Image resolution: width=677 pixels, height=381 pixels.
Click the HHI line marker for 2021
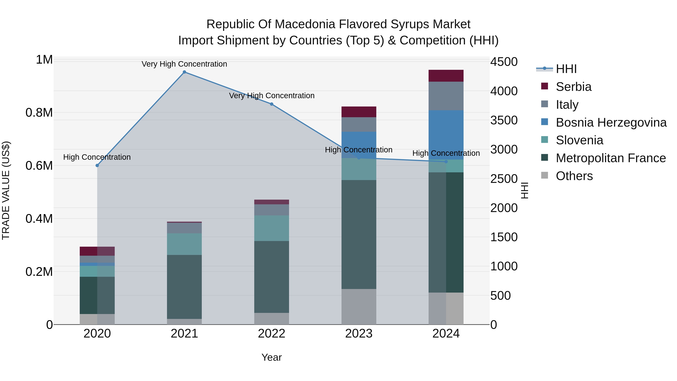coord(184,72)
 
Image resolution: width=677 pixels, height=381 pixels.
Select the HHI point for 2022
coord(272,104)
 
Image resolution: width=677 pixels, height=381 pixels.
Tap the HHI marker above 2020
coord(97,165)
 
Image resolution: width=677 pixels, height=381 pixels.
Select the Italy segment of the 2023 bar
coord(359,124)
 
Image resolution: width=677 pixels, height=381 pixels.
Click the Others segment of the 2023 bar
coord(359,307)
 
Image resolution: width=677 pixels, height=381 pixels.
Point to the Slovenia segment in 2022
coord(272,228)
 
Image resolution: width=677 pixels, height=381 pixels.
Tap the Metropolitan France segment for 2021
coord(184,287)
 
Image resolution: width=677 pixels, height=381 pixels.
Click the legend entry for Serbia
coord(573,87)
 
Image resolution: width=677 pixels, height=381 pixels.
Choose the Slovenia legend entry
coord(579,140)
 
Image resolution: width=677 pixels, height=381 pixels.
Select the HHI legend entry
coord(566,69)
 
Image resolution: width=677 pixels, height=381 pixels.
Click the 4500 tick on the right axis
coord(504,62)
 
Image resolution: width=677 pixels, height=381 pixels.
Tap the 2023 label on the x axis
coord(359,334)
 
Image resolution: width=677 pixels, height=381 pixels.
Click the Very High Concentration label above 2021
coord(184,64)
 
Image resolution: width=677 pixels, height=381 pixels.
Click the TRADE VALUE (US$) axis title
coord(6,190)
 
